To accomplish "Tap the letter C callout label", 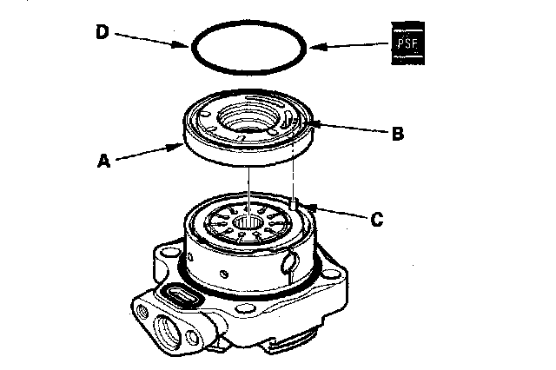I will click(376, 220).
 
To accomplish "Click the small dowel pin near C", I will click(295, 206).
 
